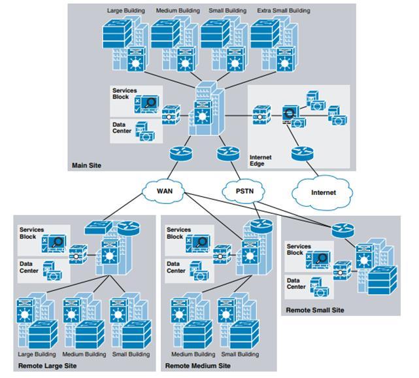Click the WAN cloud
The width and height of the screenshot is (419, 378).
click(x=164, y=192)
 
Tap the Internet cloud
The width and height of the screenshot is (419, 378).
click(x=323, y=192)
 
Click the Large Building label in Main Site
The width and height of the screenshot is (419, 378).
click(x=127, y=10)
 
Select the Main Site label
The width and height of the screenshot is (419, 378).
click(x=87, y=165)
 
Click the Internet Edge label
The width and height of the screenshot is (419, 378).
click(x=261, y=161)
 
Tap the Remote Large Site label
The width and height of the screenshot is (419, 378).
click(x=48, y=366)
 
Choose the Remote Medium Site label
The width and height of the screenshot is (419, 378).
click(x=198, y=366)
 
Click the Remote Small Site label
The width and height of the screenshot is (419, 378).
click(x=315, y=310)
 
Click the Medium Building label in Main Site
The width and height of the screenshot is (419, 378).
click(x=178, y=10)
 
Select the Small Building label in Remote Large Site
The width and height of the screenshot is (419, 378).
click(x=131, y=354)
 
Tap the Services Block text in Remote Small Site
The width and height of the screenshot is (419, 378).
click(x=299, y=249)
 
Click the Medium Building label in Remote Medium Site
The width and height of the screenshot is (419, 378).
click(x=193, y=354)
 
